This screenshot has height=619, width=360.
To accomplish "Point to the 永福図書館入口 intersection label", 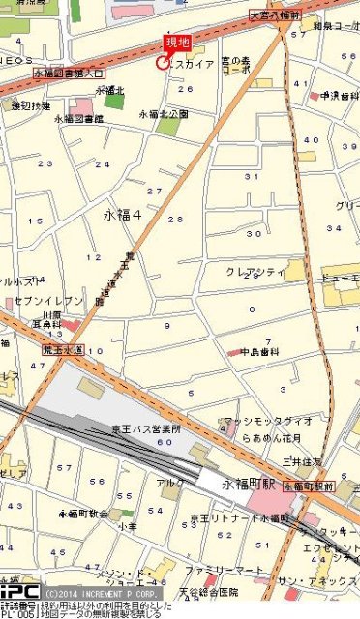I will (69, 73).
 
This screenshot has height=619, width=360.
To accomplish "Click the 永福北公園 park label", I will (162, 114).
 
